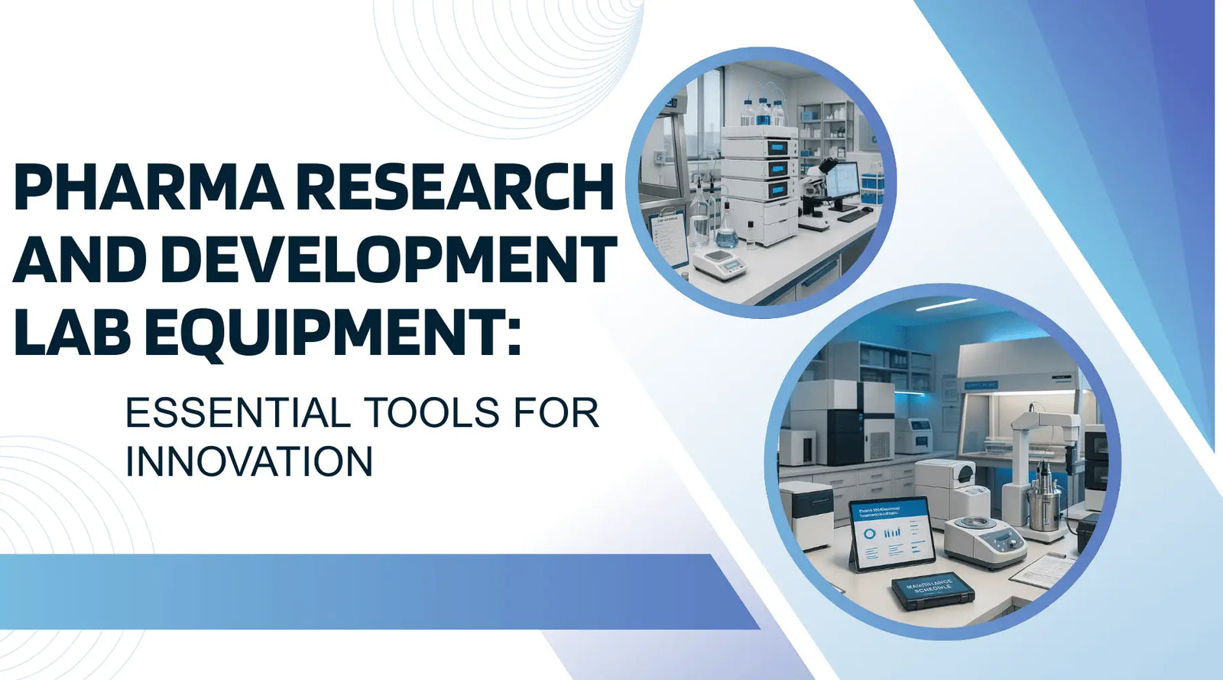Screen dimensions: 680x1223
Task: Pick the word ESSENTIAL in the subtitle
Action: pos(238,413)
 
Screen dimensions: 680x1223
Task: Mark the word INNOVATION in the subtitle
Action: pos(249,462)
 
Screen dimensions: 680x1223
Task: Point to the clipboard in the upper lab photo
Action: pos(667,237)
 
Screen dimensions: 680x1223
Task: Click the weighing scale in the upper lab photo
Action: pos(720,264)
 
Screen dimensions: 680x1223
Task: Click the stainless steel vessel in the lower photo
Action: pos(1043,501)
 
